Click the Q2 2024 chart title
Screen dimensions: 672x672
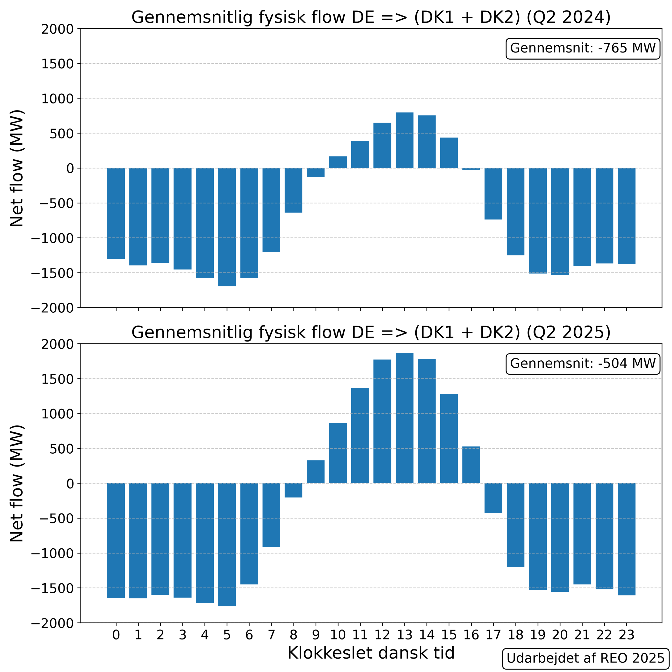371,17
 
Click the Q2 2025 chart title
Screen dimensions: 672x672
371,333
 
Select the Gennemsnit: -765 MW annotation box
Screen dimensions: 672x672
582,48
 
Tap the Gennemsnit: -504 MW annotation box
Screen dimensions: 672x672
582,364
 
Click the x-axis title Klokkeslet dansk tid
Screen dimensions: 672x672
371,653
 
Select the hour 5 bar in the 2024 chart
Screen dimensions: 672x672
227,227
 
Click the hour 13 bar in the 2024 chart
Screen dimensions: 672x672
405,140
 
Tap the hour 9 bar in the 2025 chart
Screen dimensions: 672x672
316,472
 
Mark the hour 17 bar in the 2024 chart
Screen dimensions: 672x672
493,194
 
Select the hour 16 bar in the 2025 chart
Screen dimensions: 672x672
471,465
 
